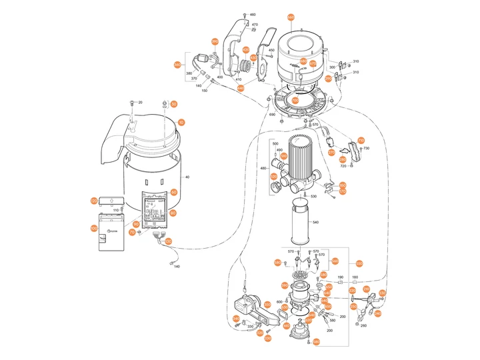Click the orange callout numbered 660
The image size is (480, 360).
click(x=290, y=17)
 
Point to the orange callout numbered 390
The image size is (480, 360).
click(x=215, y=42)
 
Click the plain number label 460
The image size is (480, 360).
click(x=252, y=15)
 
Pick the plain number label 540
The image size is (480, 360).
click(x=315, y=222)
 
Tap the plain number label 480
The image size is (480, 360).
click(x=263, y=168)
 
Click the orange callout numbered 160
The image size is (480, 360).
click(x=343, y=185)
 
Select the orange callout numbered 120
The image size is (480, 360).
click(x=94, y=201)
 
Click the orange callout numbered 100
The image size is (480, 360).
click(x=94, y=228)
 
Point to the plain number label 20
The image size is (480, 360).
click(x=141, y=102)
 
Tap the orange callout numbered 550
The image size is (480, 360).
click(x=359, y=263)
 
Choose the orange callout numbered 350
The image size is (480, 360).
click(x=267, y=305)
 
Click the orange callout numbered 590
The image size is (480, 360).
click(x=277, y=263)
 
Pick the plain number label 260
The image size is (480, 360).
click(x=363, y=326)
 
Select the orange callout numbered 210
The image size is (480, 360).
click(x=366, y=289)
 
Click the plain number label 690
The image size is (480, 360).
click(x=272, y=115)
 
